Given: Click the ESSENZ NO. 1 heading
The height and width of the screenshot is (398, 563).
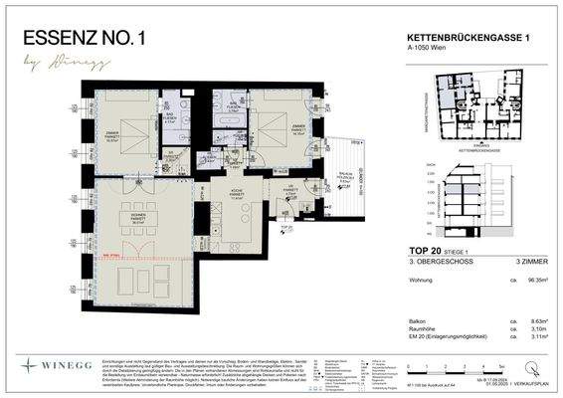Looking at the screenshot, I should click(89, 40).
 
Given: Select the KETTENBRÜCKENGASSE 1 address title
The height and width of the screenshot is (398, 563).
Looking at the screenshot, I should click(462, 36).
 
